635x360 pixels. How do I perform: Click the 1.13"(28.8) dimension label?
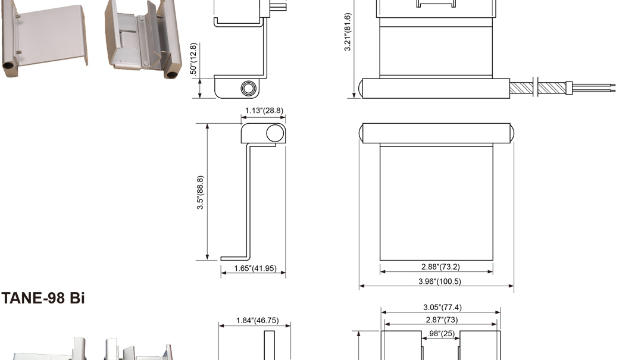(264, 111)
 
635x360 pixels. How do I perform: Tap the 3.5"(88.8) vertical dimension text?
(200, 192)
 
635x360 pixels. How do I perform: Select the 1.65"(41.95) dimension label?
(255, 268)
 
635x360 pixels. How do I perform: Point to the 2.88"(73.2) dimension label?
(440, 267)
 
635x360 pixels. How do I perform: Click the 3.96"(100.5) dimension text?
(440, 281)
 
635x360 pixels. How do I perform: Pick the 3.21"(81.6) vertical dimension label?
(348, 32)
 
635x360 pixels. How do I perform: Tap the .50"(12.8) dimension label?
(193, 59)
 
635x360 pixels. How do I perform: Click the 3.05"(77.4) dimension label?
(442, 308)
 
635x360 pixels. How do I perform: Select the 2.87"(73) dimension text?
(442, 320)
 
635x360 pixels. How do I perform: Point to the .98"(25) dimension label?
(441, 334)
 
